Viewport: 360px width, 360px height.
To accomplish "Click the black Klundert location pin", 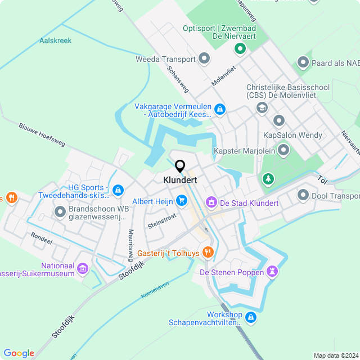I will (x=180, y=166).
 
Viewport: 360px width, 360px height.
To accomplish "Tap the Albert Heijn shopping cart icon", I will (x=181, y=200).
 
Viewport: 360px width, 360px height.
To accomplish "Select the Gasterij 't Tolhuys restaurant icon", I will (x=208, y=252).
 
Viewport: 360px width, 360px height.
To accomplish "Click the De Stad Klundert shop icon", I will (x=211, y=201).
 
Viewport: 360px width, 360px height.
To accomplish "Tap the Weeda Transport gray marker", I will (x=204, y=58).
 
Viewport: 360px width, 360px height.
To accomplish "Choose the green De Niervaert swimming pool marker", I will (x=240, y=49).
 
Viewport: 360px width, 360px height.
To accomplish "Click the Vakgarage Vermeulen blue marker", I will (x=220, y=109).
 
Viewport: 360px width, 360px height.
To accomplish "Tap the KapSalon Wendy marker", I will (x=278, y=120).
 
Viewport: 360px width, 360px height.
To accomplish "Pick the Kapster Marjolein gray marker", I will (x=283, y=150).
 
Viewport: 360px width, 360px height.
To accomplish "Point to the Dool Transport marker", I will (x=303, y=195).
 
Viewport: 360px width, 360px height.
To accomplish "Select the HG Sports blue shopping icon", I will (x=118, y=191).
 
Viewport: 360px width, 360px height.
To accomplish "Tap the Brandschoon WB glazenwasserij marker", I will (x=60, y=212).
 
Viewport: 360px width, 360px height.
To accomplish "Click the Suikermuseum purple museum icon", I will (x=83, y=269).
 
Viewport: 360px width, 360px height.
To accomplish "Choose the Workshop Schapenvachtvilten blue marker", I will (x=251, y=318).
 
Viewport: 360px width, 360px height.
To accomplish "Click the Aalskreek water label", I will (x=55, y=40).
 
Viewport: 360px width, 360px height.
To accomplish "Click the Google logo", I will (x=19, y=353).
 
